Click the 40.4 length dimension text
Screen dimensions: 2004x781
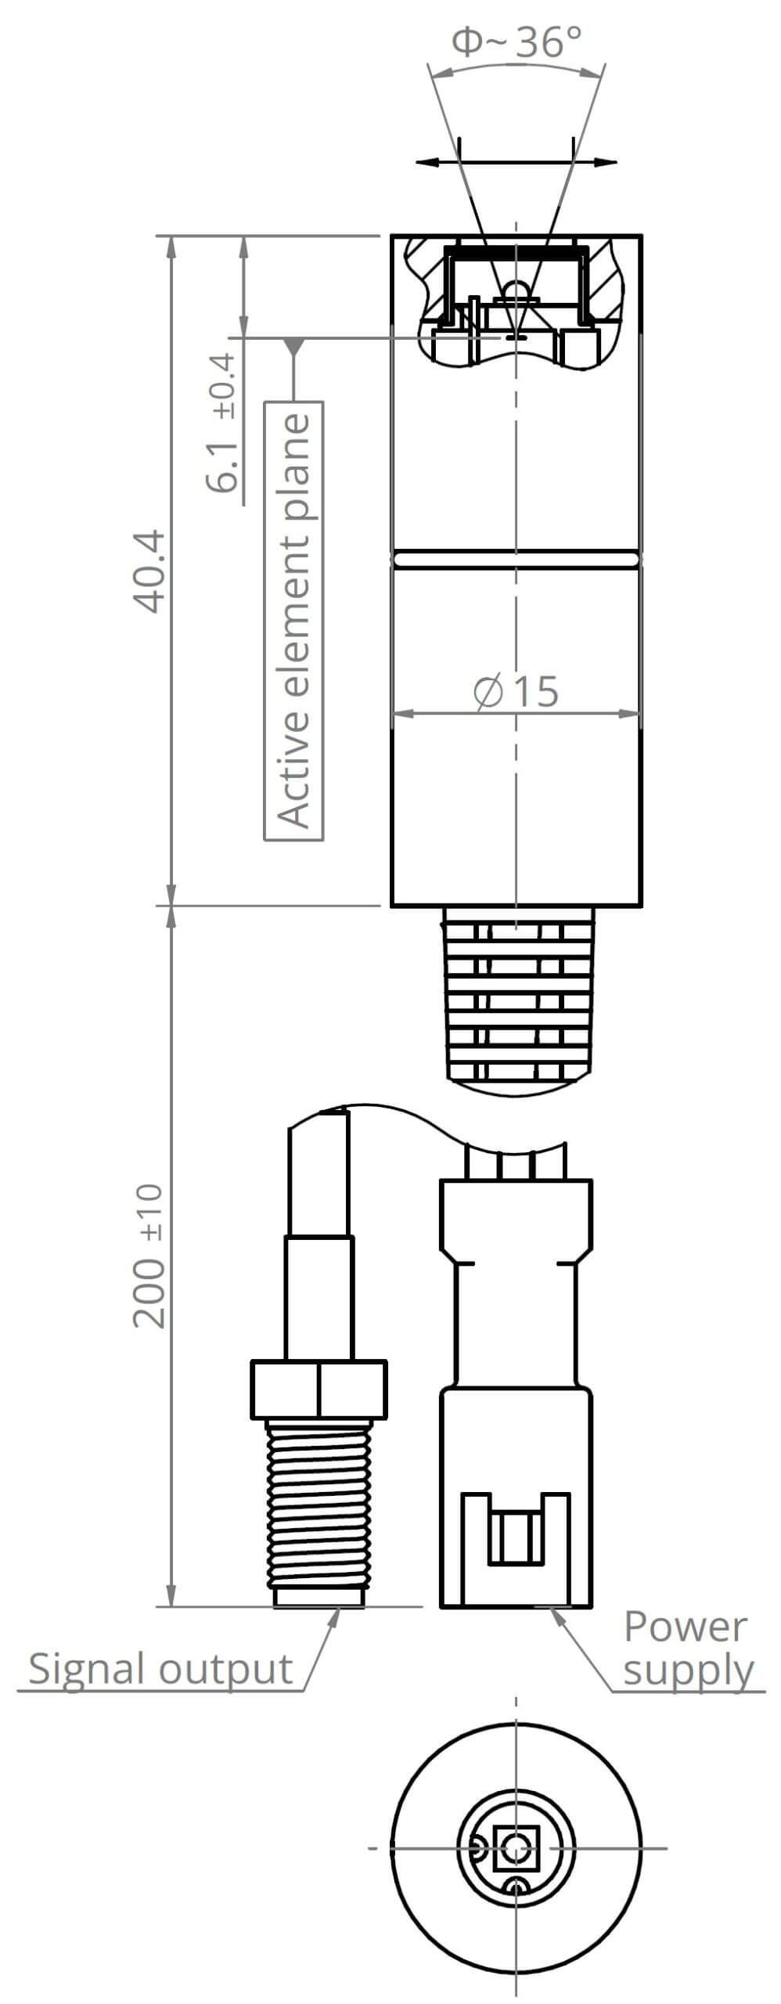coord(149,571)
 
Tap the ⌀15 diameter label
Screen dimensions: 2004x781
coord(517,691)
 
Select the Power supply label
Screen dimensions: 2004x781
coord(686,1649)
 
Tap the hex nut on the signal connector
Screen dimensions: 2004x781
coord(319,1389)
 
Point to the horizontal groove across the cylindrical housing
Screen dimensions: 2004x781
coord(517,559)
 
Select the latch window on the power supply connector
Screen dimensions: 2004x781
coord(514,1538)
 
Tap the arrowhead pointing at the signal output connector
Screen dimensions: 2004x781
coord(335,1616)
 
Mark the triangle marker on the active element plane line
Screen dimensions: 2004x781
coord(294,346)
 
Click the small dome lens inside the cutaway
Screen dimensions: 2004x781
coord(516,290)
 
